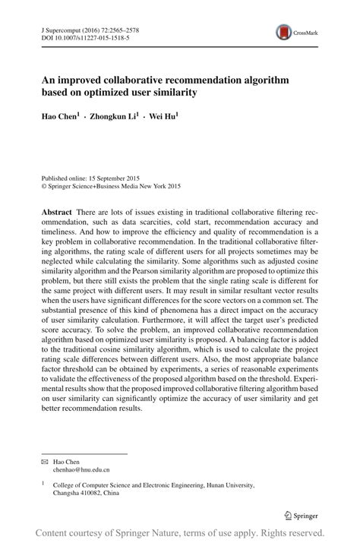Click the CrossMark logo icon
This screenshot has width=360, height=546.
284,32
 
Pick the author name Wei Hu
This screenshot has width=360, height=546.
182,118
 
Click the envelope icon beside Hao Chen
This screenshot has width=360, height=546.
45,462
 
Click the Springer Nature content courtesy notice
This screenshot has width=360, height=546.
180,533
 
